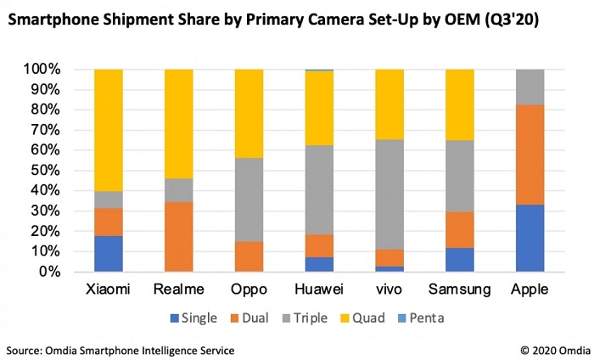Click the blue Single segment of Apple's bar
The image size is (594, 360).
[x=530, y=238]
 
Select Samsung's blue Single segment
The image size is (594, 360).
[x=459, y=260]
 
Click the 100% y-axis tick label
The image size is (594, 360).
[x=38, y=69]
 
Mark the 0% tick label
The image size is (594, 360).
[x=46, y=273]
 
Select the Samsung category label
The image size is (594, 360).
[x=459, y=290]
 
